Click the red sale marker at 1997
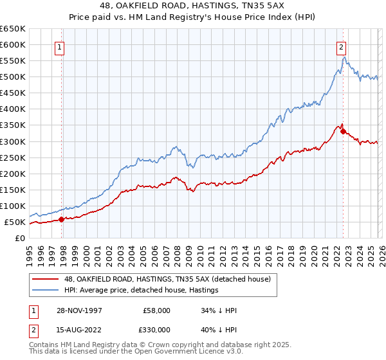[x=62, y=219]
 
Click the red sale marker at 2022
[x=343, y=132]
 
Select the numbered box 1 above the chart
[x=59, y=46]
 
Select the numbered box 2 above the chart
[x=340, y=46]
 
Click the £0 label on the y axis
[x=19, y=238]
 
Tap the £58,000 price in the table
[x=158, y=310]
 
